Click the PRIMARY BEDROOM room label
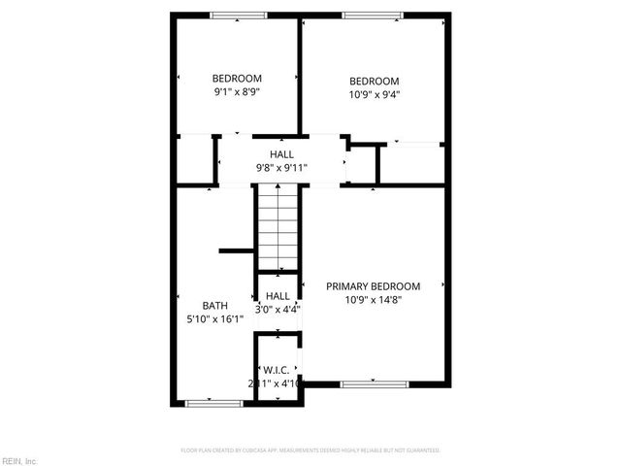click(373, 286)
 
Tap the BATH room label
click(215, 305)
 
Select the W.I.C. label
click(278, 369)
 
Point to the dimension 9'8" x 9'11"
click(281, 168)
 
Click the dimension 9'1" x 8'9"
click(238, 92)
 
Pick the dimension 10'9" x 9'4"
click(374, 94)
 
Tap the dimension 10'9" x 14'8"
click(373, 300)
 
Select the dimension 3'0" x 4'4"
click(278, 310)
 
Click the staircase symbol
click(278, 229)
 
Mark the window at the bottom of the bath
click(213, 403)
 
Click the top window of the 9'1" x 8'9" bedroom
click(239, 15)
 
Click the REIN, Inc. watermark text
click(19, 460)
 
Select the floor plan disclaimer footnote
click(310, 450)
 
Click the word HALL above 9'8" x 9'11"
click(281, 154)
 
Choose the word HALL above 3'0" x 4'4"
click(278, 296)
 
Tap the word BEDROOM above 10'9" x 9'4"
click(374, 81)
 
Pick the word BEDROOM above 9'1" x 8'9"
click(238, 79)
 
